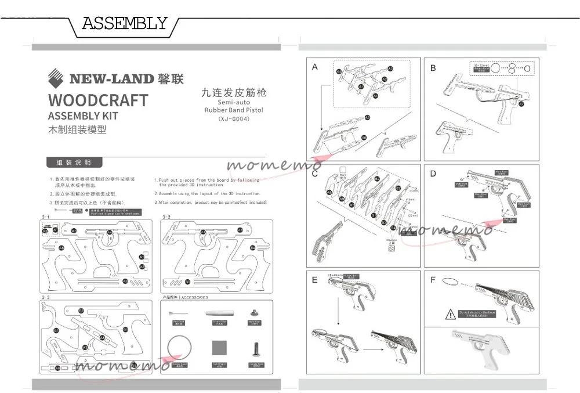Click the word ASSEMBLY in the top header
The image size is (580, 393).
pyautogui.click(x=124, y=24)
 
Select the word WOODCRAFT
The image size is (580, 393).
pyautogui.click(x=97, y=100)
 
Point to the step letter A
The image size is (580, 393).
pyautogui.click(x=315, y=67)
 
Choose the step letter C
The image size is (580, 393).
pyautogui.click(x=315, y=174)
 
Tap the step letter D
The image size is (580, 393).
pyautogui.click(x=433, y=174)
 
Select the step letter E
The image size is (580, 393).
pyautogui.click(x=315, y=280)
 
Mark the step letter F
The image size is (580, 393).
pyautogui.click(x=433, y=280)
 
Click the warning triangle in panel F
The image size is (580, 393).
pyautogui.click(x=451, y=315)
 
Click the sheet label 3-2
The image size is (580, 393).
pyautogui.click(x=166, y=217)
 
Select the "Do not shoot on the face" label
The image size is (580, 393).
pyautogui.click(x=477, y=313)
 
